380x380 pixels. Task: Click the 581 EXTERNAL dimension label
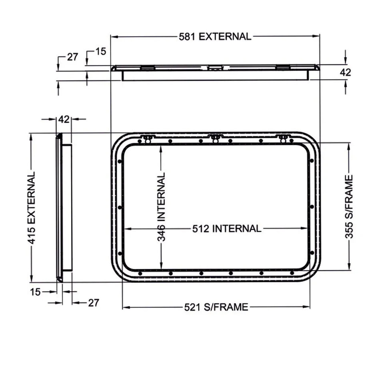pos(215,36)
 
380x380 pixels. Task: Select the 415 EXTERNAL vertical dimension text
pos(32,208)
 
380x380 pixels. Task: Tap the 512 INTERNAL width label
pos(226,229)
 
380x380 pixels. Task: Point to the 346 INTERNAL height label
pos(161,207)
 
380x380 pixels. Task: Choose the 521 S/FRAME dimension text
pos(216,307)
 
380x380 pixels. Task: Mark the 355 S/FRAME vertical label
pos(349,207)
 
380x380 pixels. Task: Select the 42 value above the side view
pos(64,119)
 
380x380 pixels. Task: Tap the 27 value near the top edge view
pos(72,57)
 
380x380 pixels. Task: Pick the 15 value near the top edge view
pos(101,51)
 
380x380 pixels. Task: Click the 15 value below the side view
pos(35,292)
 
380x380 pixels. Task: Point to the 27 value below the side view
pos(93,303)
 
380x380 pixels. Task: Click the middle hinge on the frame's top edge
pos(215,138)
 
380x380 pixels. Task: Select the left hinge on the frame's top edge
pos(147,139)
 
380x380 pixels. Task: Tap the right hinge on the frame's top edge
pos(283,139)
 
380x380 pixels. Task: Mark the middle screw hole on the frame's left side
pos(120,207)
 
